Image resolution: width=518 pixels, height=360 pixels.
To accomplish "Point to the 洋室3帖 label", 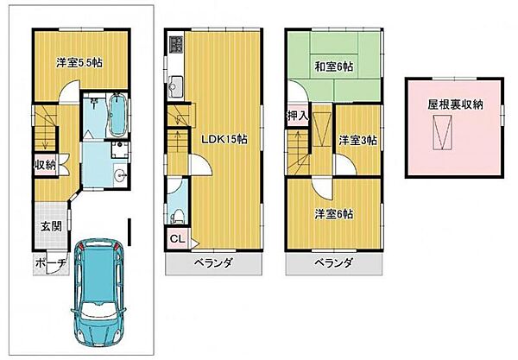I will [x=357, y=140].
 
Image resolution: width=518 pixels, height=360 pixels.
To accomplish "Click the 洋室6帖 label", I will [x=332, y=215].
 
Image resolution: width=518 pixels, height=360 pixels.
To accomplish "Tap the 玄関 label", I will [x=49, y=226].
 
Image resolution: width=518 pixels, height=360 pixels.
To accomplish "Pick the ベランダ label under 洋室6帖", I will [x=333, y=264].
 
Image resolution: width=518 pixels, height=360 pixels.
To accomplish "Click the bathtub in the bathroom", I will [x=119, y=116].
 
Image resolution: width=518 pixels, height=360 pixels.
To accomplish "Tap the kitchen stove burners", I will [x=175, y=44].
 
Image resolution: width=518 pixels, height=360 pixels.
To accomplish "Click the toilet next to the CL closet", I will [x=176, y=212].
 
